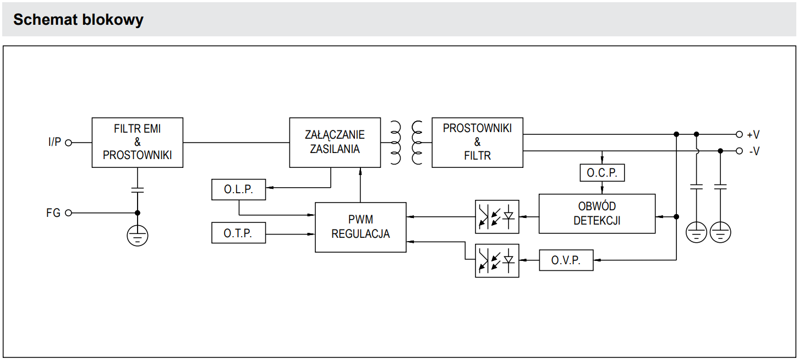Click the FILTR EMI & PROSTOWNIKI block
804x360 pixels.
click(137, 143)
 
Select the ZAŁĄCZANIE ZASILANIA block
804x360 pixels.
click(335, 143)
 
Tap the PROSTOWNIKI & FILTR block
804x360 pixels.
click(477, 143)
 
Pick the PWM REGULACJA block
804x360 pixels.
click(360, 227)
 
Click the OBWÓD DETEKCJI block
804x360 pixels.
click(597, 214)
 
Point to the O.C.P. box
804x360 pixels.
click(602, 173)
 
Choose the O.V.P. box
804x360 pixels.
click(566, 260)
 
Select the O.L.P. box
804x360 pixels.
click(238, 190)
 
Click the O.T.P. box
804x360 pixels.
click(238, 233)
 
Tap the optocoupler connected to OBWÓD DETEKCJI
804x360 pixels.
click(497, 216)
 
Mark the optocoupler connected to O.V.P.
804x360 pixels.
click(497, 260)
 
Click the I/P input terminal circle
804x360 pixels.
click(69, 143)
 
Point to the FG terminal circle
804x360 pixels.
click(69, 213)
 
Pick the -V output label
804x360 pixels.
click(754, 151)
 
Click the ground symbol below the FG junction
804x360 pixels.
click(137, 236)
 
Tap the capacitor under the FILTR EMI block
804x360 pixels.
click(137, 189)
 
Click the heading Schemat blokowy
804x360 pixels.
click(78, 20)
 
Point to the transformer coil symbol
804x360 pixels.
click(406, 143)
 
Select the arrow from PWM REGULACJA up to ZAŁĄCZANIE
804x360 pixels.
click(360, 184)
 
